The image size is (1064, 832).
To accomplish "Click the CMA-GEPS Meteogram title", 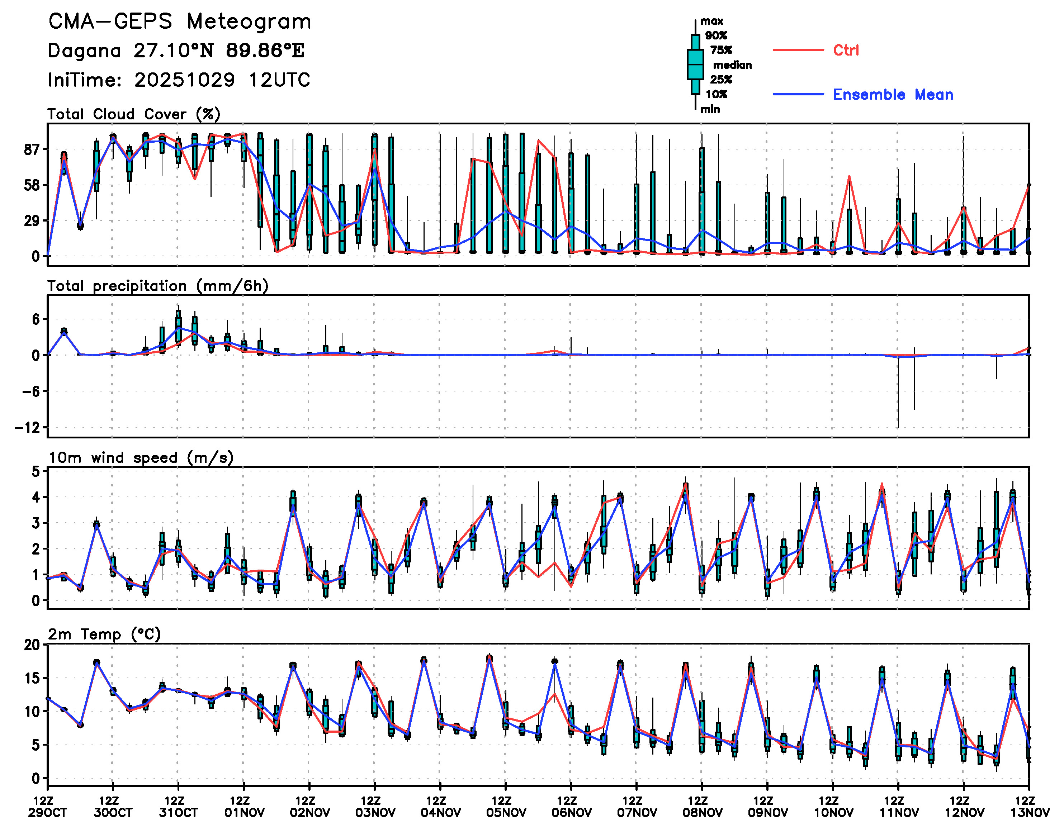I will tap(180, 22).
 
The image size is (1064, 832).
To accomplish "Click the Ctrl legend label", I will tap(846, 50).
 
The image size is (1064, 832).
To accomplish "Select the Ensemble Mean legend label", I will tap(893, 95).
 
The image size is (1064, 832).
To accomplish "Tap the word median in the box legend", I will tap(732, 65).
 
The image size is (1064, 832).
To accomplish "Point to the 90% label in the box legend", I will tap(716, 35).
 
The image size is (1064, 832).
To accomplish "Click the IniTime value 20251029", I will tap(185, 80).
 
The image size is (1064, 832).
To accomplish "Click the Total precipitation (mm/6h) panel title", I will tap(158, 286).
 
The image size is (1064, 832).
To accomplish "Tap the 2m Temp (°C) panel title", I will tap(104, 634).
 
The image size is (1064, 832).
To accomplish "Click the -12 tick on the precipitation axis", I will tap(27, 428).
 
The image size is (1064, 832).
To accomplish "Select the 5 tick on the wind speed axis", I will tap(36, 471).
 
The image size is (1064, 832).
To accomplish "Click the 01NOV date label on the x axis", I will tap(244, 813).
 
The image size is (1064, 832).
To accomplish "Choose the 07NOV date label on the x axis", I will tap(637, 813).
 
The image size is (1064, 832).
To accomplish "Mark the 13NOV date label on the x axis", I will tap(1029, 813).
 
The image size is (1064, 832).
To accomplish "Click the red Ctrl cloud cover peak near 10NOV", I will tap(849, 176).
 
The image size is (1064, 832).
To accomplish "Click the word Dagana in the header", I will tap(84, 51).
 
